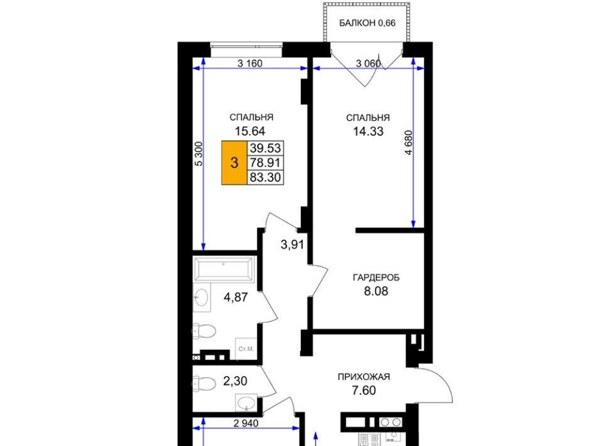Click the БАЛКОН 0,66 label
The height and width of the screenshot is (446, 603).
367,23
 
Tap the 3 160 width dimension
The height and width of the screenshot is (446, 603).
250,63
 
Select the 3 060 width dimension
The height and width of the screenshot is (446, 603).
368,63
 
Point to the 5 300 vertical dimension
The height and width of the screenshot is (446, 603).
198,154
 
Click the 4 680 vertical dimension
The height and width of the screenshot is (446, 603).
408,143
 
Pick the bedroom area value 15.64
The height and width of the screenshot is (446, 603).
250,131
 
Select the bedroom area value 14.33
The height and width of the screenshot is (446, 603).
368,131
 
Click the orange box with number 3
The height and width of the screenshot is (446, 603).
234,163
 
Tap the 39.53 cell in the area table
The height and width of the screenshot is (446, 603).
265,148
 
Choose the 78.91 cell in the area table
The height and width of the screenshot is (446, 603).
265,163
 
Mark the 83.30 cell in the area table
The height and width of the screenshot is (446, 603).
265,177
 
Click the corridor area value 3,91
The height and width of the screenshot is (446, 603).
292,244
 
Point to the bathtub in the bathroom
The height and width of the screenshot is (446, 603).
224,269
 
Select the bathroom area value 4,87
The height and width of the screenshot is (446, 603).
236,297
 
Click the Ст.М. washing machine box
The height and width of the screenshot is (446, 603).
246,349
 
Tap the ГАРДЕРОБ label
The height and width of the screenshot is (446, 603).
376,278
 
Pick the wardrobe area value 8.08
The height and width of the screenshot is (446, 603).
376,291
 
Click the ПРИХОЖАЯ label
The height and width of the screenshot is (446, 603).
364,377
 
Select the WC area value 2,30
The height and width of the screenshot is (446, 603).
235,381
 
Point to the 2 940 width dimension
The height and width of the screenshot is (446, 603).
246,423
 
